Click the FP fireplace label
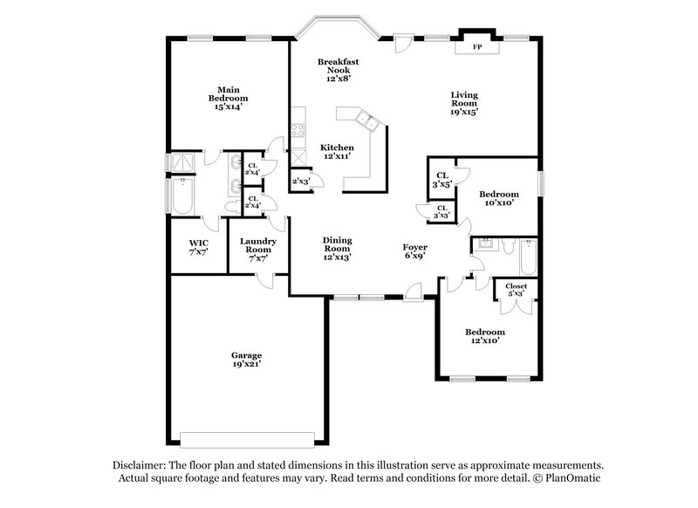click(477, 46)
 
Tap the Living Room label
click(463, 103)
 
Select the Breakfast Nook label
click(338, 70)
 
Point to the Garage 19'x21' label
click(246, 360)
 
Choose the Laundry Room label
click(259, 250)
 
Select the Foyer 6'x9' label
click(415, 252)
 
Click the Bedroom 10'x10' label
click(500, 198)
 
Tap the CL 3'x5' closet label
click(442, 180)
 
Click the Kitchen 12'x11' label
click(337, 152)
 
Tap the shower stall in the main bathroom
click(182, 162)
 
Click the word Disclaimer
click(141, 465)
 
